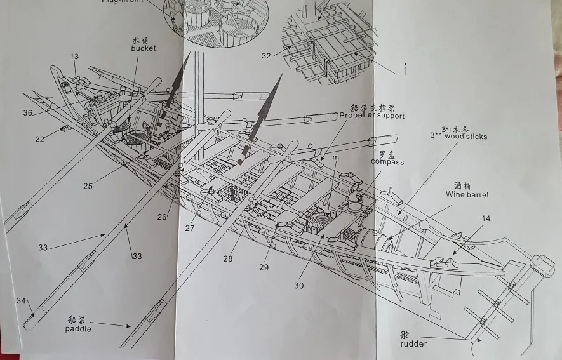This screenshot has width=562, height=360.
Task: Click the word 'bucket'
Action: point(144,48)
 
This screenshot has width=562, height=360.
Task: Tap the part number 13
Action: point(74,57)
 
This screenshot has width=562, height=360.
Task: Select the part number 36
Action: point(28,113)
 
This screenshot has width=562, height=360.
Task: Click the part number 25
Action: point(88,186)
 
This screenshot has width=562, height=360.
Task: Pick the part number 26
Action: point(163,217)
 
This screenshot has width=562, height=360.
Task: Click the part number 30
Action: point(298,285)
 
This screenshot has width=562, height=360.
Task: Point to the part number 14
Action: point(486,218)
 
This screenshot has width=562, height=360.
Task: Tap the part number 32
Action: point(266,56)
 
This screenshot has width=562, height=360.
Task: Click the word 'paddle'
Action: point(78,329)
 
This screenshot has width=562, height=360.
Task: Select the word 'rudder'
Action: point(413,344)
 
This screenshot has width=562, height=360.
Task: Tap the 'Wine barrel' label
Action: point(467,195)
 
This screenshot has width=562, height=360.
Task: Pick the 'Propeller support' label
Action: point(372,116)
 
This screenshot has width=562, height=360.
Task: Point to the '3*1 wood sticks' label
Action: point(458,136)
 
